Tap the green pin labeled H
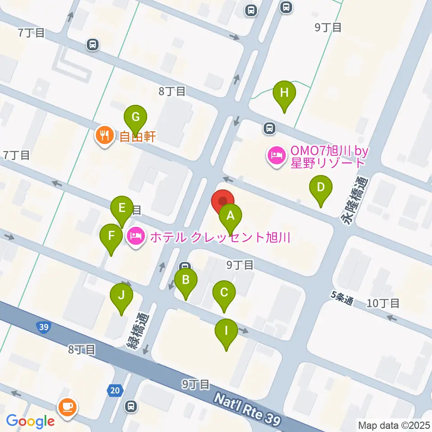click(284, 93)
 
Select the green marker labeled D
click(320, 187)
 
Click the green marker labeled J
click(121, 296)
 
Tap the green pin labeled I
click(226, 332)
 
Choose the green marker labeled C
click(224, 293)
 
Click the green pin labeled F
click(111, 236)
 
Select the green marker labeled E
click(121, 208)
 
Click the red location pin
click(223, 201)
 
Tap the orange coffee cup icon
click(68, 407)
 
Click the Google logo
click(30, 421)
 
